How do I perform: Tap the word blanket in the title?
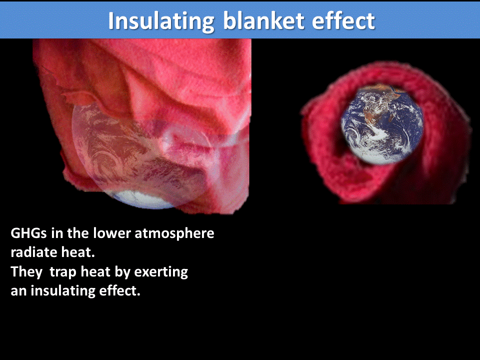coord(259,20)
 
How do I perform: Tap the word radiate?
coord(31,253)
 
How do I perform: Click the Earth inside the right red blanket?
coord(382,123)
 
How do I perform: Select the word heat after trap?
coord(95,272)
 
